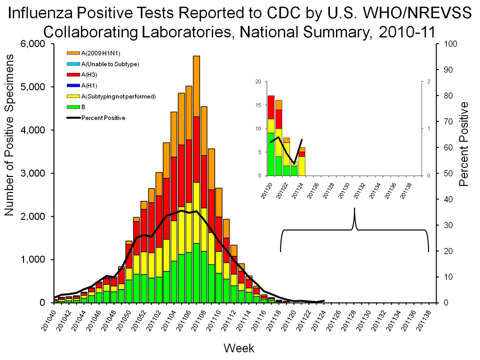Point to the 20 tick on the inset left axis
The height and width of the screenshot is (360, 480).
[x=258, y=81]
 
